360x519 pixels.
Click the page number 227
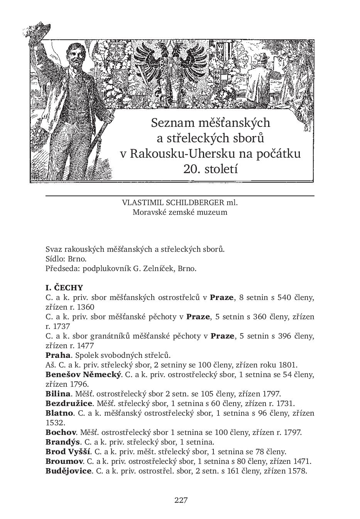point(181,500)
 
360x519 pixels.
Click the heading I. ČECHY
point(64,288)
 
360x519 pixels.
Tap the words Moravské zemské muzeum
point(180,212)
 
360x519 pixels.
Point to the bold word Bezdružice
point(69,403)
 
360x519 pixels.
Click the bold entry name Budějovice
point(68,471)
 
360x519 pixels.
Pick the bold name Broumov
point(64,461)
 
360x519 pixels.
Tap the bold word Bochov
point(60,432)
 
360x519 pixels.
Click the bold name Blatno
point(59,413)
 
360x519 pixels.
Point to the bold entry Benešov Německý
point(83,374)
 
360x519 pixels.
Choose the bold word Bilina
point(58,394)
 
